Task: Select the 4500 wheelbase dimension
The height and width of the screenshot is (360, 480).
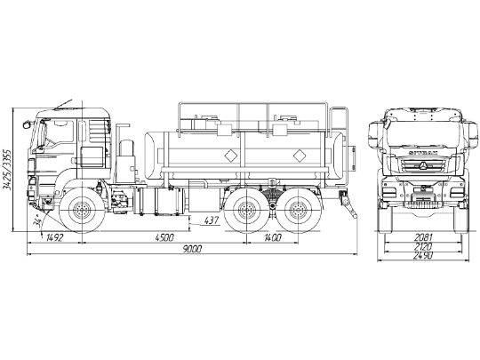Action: [x=164, y=237]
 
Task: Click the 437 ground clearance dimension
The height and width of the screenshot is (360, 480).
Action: [x=212, y=219]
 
